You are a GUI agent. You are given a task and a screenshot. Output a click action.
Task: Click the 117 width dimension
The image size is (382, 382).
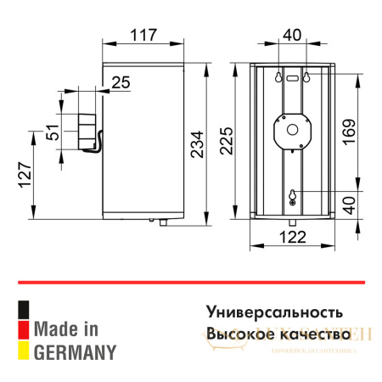(x=143, y=36)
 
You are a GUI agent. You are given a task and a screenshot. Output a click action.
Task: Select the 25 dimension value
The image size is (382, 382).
(x=120, y=81)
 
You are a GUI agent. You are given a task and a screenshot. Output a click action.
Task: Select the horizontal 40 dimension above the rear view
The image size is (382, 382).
(x=291, y=36)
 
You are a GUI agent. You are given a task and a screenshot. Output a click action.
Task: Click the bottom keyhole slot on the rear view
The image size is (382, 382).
(x=293, y=196)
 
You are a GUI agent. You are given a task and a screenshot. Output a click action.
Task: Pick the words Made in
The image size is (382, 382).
(x=68, y=328)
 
